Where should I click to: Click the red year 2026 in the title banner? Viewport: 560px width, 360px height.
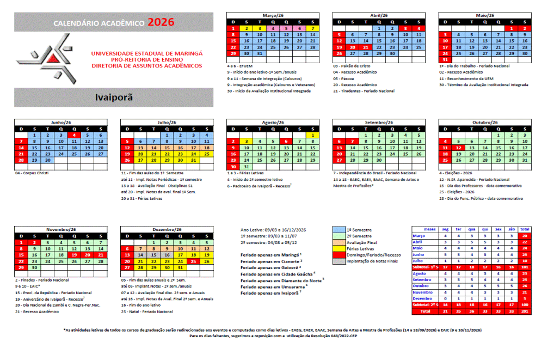[x=162, y=22]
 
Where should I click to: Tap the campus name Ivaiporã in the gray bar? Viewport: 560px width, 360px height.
[x=114, y=98]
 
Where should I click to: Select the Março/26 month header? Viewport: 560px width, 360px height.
[x=273, y=15]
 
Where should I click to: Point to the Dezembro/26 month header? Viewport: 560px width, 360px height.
[x=167, y=229]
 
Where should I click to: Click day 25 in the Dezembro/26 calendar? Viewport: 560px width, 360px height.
[x=194, y=261]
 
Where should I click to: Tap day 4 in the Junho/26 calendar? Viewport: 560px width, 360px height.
[x=75, y=135]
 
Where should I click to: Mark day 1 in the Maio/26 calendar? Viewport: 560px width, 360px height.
[x=512, y=28]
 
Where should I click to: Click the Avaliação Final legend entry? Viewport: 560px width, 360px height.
[x=359, y=242]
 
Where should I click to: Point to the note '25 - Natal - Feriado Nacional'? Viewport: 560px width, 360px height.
[x=147, y=312]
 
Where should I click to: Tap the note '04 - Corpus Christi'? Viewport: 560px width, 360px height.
[x=33, y=173]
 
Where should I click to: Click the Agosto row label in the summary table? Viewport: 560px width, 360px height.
[x=420, y=273]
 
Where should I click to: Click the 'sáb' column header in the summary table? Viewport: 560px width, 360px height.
[x=511, y=229]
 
